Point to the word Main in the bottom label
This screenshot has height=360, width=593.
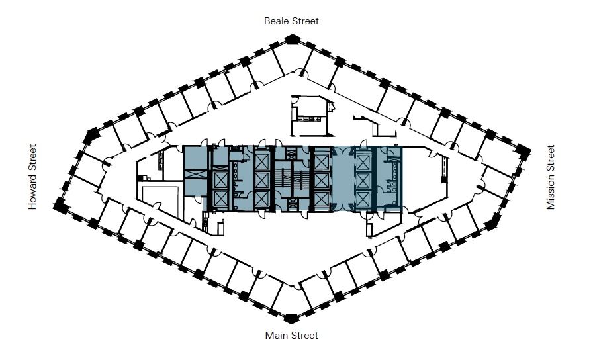[x=277, y=336]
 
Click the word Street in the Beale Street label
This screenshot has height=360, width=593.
[x=306, y=21]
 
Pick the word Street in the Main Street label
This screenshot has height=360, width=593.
[x=305, y=336]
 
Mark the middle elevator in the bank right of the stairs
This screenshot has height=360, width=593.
[x=322, y=179]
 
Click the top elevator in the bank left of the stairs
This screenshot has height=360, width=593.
[x=263, y=161]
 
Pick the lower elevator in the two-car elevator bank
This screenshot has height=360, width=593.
[x=220, y=198]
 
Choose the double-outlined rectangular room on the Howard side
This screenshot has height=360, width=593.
[x=159, y=199]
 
